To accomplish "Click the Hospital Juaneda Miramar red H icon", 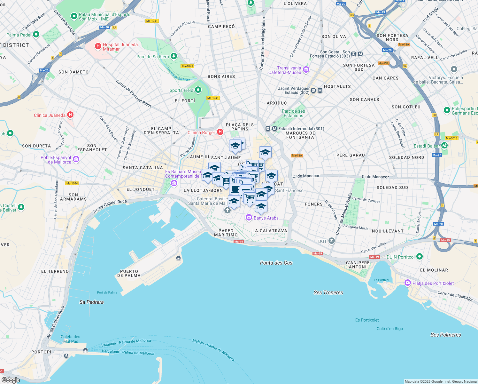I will (x=98, y=46).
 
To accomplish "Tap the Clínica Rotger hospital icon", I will (x=220, y=132).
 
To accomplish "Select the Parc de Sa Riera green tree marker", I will (x=173, y=56).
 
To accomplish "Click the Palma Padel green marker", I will (x=36, y=34).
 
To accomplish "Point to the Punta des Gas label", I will (x=276, y=263).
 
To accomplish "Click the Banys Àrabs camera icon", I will (x=249, y=218).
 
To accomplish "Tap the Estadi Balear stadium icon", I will (x=444, y=146).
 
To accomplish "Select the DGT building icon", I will (x=332, y=241).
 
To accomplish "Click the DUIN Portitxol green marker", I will (x=420, y=256).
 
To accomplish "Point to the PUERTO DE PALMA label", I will (x=129, y=273).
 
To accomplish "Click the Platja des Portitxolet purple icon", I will (x=407, y=283).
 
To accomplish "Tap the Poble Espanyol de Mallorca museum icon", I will (x=76, y=159).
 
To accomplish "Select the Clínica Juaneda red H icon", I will (x=70, y=115).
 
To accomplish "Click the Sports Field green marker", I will (x=198, y=90).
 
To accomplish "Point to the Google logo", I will (x=11, y=380).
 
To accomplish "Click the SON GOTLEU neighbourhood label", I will (x=406, y=107).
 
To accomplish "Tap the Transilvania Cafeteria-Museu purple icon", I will (x=306, y=70).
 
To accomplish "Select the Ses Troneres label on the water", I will (x=328, y=292).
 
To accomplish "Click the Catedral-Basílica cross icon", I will (x=227, y=210).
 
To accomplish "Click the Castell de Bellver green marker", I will (x=21, y=207).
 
